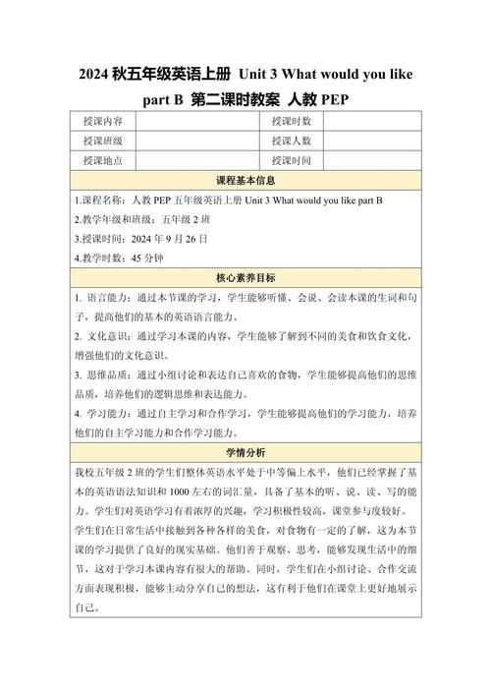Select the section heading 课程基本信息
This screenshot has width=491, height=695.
(245, 181)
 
